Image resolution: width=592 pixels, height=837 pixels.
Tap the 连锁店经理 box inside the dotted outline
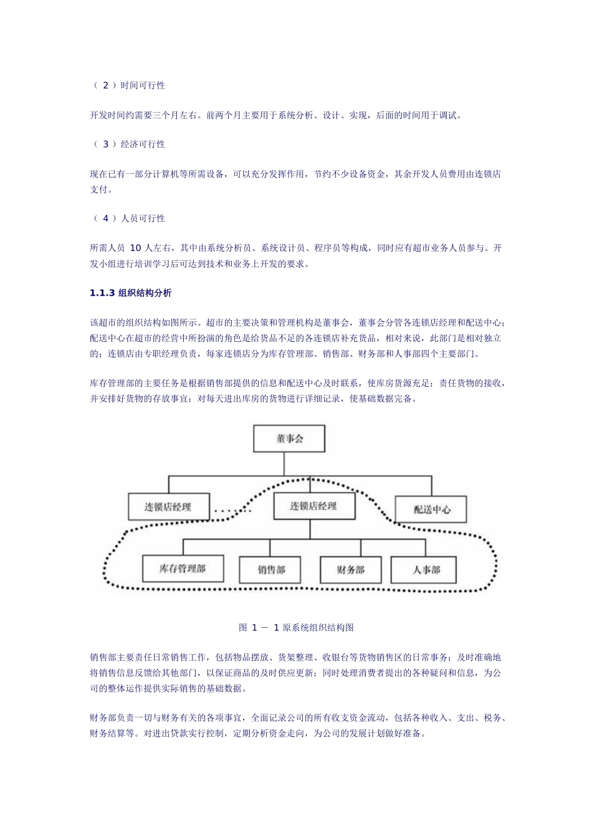click(313, 506)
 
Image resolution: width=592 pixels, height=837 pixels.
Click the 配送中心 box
click(431, 509)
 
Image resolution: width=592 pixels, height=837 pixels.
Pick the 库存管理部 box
click(183, 568)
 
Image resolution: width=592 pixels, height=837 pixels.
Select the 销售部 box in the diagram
click(270, 569)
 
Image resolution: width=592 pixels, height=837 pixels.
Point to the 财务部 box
click(350, 569)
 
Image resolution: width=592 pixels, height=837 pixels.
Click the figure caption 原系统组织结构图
click(318, 628)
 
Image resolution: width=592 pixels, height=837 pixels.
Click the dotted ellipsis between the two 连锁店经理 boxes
click(232, 511)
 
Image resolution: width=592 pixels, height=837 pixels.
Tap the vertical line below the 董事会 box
click(284, 464)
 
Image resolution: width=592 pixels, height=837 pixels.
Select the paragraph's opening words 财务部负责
click(112, 719)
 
